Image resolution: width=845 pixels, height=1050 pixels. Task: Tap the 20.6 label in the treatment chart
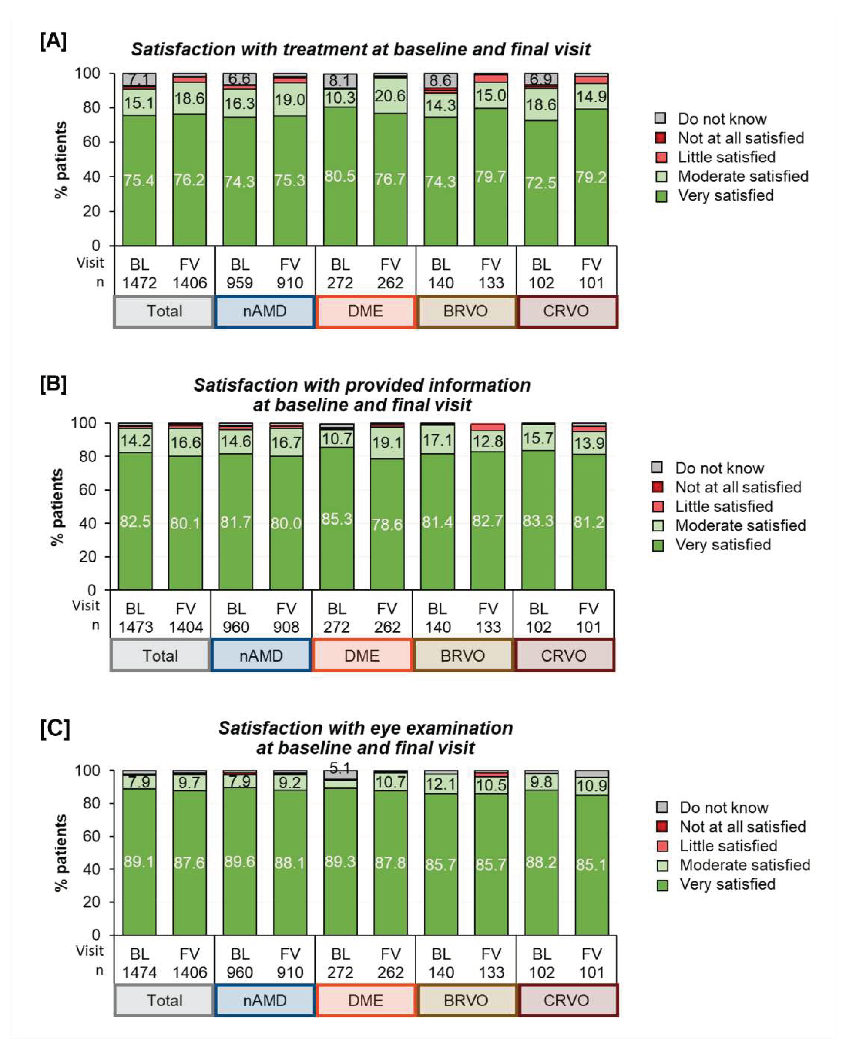point(390,96)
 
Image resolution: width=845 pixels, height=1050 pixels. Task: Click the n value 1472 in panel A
point(139,283)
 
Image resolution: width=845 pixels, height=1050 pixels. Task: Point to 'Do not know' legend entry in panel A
point(722,119)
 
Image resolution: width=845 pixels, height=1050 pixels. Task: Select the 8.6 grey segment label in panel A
point(440,80)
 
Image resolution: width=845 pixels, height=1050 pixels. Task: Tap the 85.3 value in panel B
point(337,519)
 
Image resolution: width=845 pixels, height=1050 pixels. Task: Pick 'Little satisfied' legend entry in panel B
point(723,506)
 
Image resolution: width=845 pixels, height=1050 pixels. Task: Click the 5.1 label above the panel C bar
point(340,768)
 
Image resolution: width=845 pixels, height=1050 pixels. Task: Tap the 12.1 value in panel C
point(440,784)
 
